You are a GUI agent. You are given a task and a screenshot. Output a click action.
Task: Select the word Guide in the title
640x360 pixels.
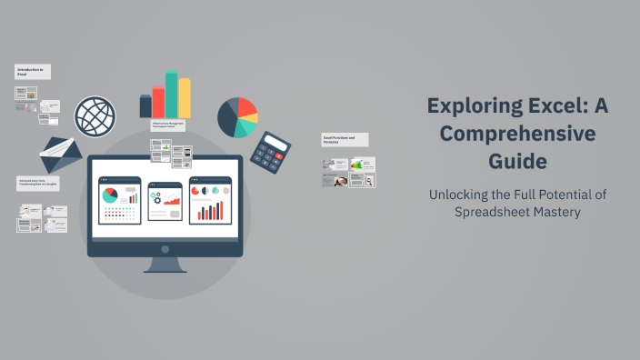pos(515,162)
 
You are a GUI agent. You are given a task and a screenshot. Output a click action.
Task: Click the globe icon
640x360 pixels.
pos(95,116)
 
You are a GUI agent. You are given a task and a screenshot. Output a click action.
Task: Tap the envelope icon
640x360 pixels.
pos(60,156)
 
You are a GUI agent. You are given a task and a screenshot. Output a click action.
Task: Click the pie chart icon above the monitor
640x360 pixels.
pos(237,116)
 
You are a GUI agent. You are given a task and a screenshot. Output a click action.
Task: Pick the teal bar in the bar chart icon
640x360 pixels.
pos(171,95)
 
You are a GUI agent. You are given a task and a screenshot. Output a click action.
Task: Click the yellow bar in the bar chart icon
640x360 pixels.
pos(185,97)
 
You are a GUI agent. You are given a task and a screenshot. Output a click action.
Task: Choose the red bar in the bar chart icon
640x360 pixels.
pos(158,102)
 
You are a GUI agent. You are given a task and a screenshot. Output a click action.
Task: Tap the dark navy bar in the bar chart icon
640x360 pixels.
pos(145,106)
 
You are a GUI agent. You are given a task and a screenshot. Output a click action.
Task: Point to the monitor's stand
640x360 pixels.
pos(165,265)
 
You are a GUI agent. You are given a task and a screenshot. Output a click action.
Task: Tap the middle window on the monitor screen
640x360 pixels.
pos(165,200)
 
